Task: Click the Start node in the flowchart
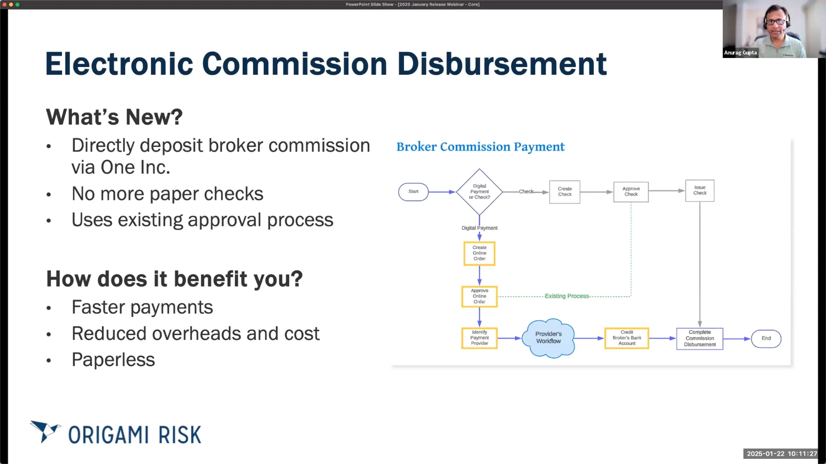(413, 192)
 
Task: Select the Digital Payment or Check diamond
(479, 192)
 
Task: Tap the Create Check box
(564, 192)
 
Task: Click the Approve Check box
(631, 192)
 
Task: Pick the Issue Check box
(699, 190)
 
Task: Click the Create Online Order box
(479, 253)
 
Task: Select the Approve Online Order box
(479, 296)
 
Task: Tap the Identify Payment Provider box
(479, 338)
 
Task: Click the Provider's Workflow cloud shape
(548, 338)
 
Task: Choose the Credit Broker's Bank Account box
(626, 338)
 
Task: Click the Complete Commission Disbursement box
(699, 339)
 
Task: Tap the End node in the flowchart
(766, 339)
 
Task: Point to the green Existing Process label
(566, 296)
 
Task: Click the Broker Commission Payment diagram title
(480, 147)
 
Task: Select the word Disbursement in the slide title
(502, 64)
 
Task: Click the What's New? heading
(114, 117)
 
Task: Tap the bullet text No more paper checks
(167, 194)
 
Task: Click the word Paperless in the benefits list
(113, 360)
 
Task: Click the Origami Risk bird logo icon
(45, 431)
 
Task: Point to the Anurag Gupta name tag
(740, 53)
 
